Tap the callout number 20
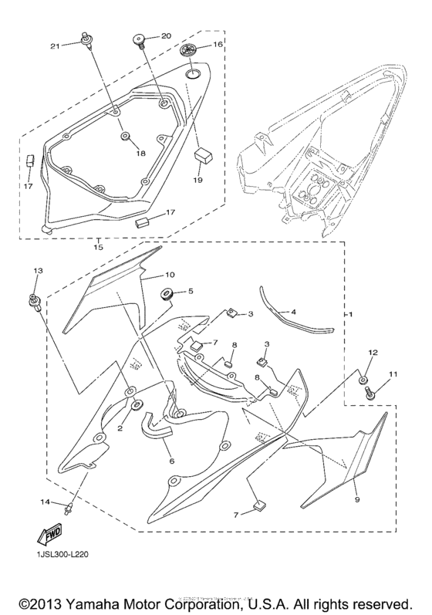click(x=165, y=35)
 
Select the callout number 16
click(x=218, y=46)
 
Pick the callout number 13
click(x=36, y=272)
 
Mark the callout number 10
click(x=170, y=275)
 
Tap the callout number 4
click(x=293, y=313)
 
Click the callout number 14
click(x=44, y=502)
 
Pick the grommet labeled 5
click(x=164, y=293)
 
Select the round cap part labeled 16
click(x=189, y=50)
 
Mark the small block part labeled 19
click(x=204, y=153)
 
